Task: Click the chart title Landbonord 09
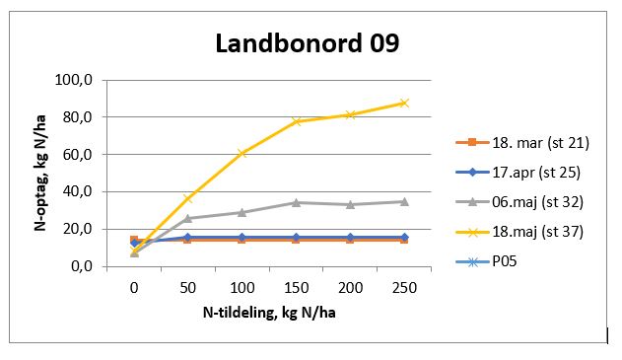(x=308, y=44)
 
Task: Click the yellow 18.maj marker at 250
(x=404, y=103)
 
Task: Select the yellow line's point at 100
(x=242, y=153)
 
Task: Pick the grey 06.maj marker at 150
(x=296, y=202)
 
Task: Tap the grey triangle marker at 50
(x=188, y=218)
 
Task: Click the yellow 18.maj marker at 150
(x=296, y=121)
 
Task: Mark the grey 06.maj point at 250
(x=404, y=201)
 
